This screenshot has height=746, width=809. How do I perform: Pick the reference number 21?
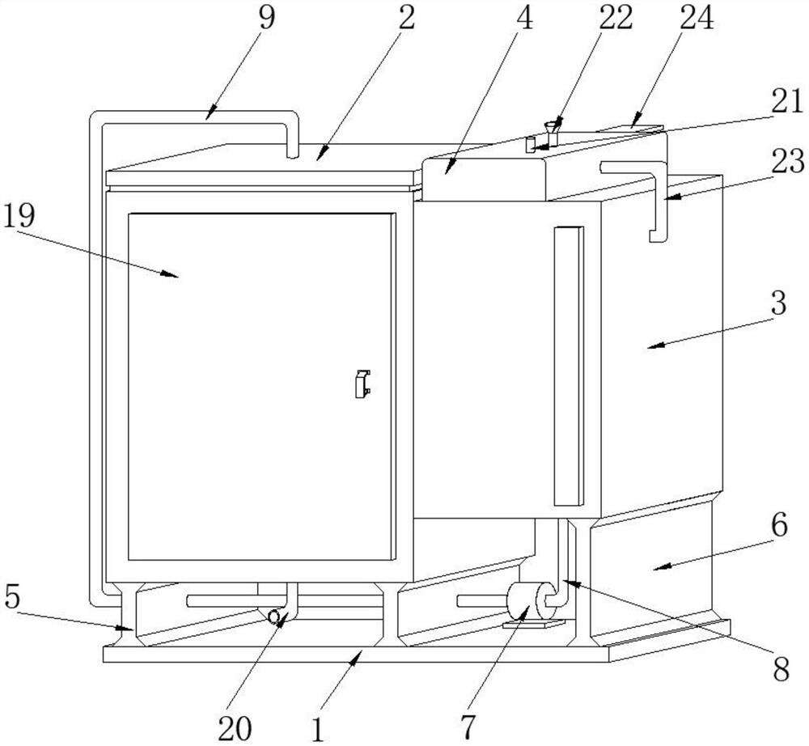click(x=787, y=101)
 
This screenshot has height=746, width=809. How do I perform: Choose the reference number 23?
click(x=787, y=161)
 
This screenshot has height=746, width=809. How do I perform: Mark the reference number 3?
click(x=778, y=303)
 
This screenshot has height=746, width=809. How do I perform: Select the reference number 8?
click(x=781, y=670)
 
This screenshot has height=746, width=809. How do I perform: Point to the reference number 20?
click(x=235, y=728)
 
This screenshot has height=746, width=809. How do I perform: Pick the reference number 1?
click(x=318, y=730)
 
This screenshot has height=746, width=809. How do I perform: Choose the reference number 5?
click(x=11, y=597)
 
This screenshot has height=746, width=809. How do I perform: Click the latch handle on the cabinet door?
click(x=362, y=384)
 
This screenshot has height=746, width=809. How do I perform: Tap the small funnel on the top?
click(x=553, y=127)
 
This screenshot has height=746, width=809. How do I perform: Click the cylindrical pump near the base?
click(x=531, y=601)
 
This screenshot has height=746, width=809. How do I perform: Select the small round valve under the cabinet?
click(x=274, y=616)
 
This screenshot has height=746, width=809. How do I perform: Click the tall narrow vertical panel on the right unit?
click(x=569, y=366)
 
